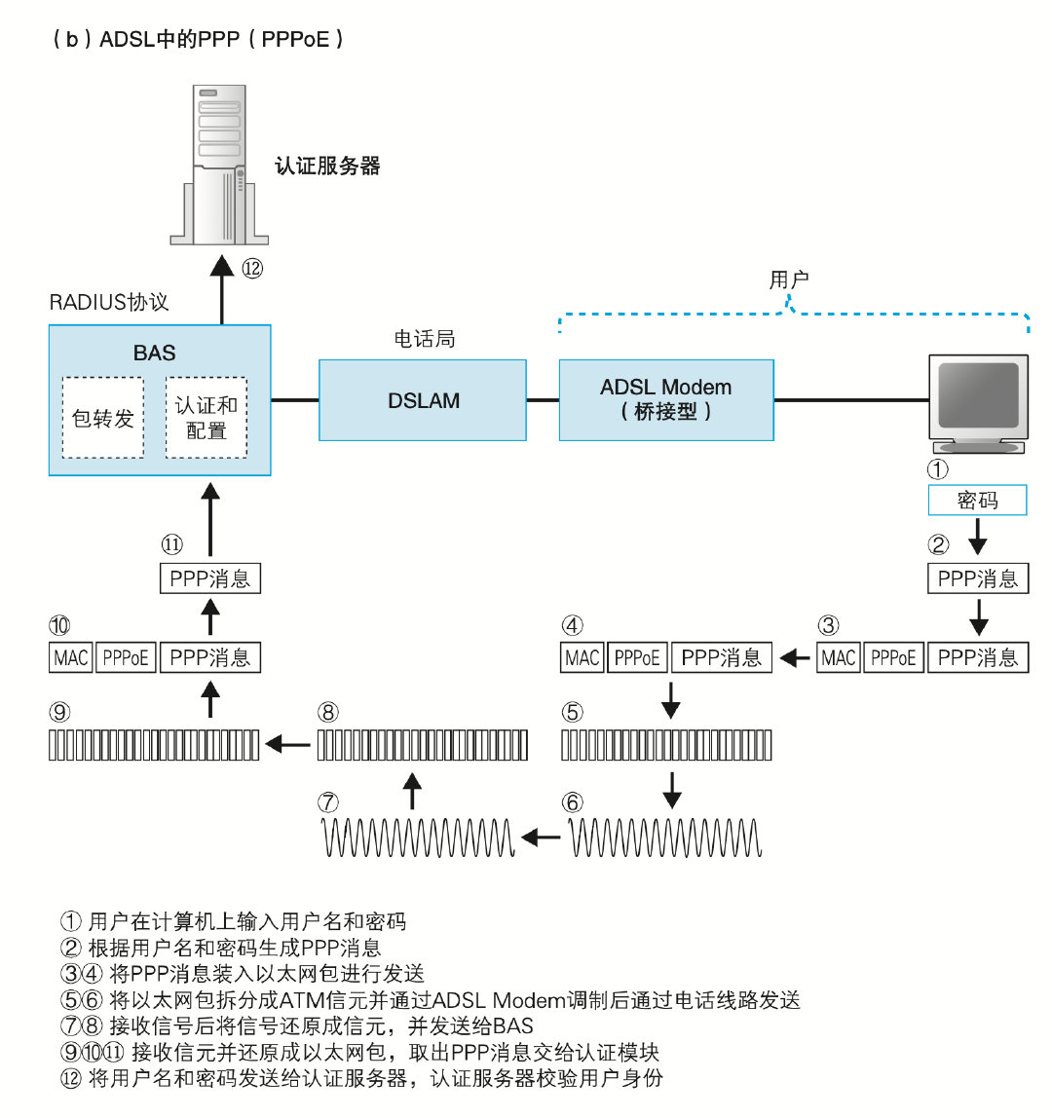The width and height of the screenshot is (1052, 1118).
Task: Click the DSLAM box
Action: [x=423, y=400]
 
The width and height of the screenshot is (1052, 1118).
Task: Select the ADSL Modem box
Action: [x=666, y=399]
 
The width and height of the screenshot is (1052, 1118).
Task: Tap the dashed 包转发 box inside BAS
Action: [x=103, y=418]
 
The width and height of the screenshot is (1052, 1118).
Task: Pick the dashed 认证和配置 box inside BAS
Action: [x=207, y=418]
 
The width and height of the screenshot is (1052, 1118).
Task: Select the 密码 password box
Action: [x=977, y=501]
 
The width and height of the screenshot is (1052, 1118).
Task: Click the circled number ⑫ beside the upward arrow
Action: [x=252, y=269]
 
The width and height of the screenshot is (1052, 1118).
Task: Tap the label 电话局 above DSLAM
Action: [x=425, y=339]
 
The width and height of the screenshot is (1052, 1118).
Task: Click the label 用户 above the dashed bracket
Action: [x=789, y=279]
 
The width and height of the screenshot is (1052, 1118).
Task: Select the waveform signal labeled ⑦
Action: [x=418, y=838]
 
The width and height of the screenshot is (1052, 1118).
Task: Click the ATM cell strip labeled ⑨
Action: [x=155, y=745]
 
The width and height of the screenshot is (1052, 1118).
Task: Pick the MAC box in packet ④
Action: [x=582, y=658]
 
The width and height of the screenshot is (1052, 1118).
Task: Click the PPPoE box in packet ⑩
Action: [x=126, y=658]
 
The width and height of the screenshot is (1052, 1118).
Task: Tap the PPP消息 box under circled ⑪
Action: [x=210, y=579]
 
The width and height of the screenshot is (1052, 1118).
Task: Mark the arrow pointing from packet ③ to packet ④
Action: [x=796, y=659]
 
